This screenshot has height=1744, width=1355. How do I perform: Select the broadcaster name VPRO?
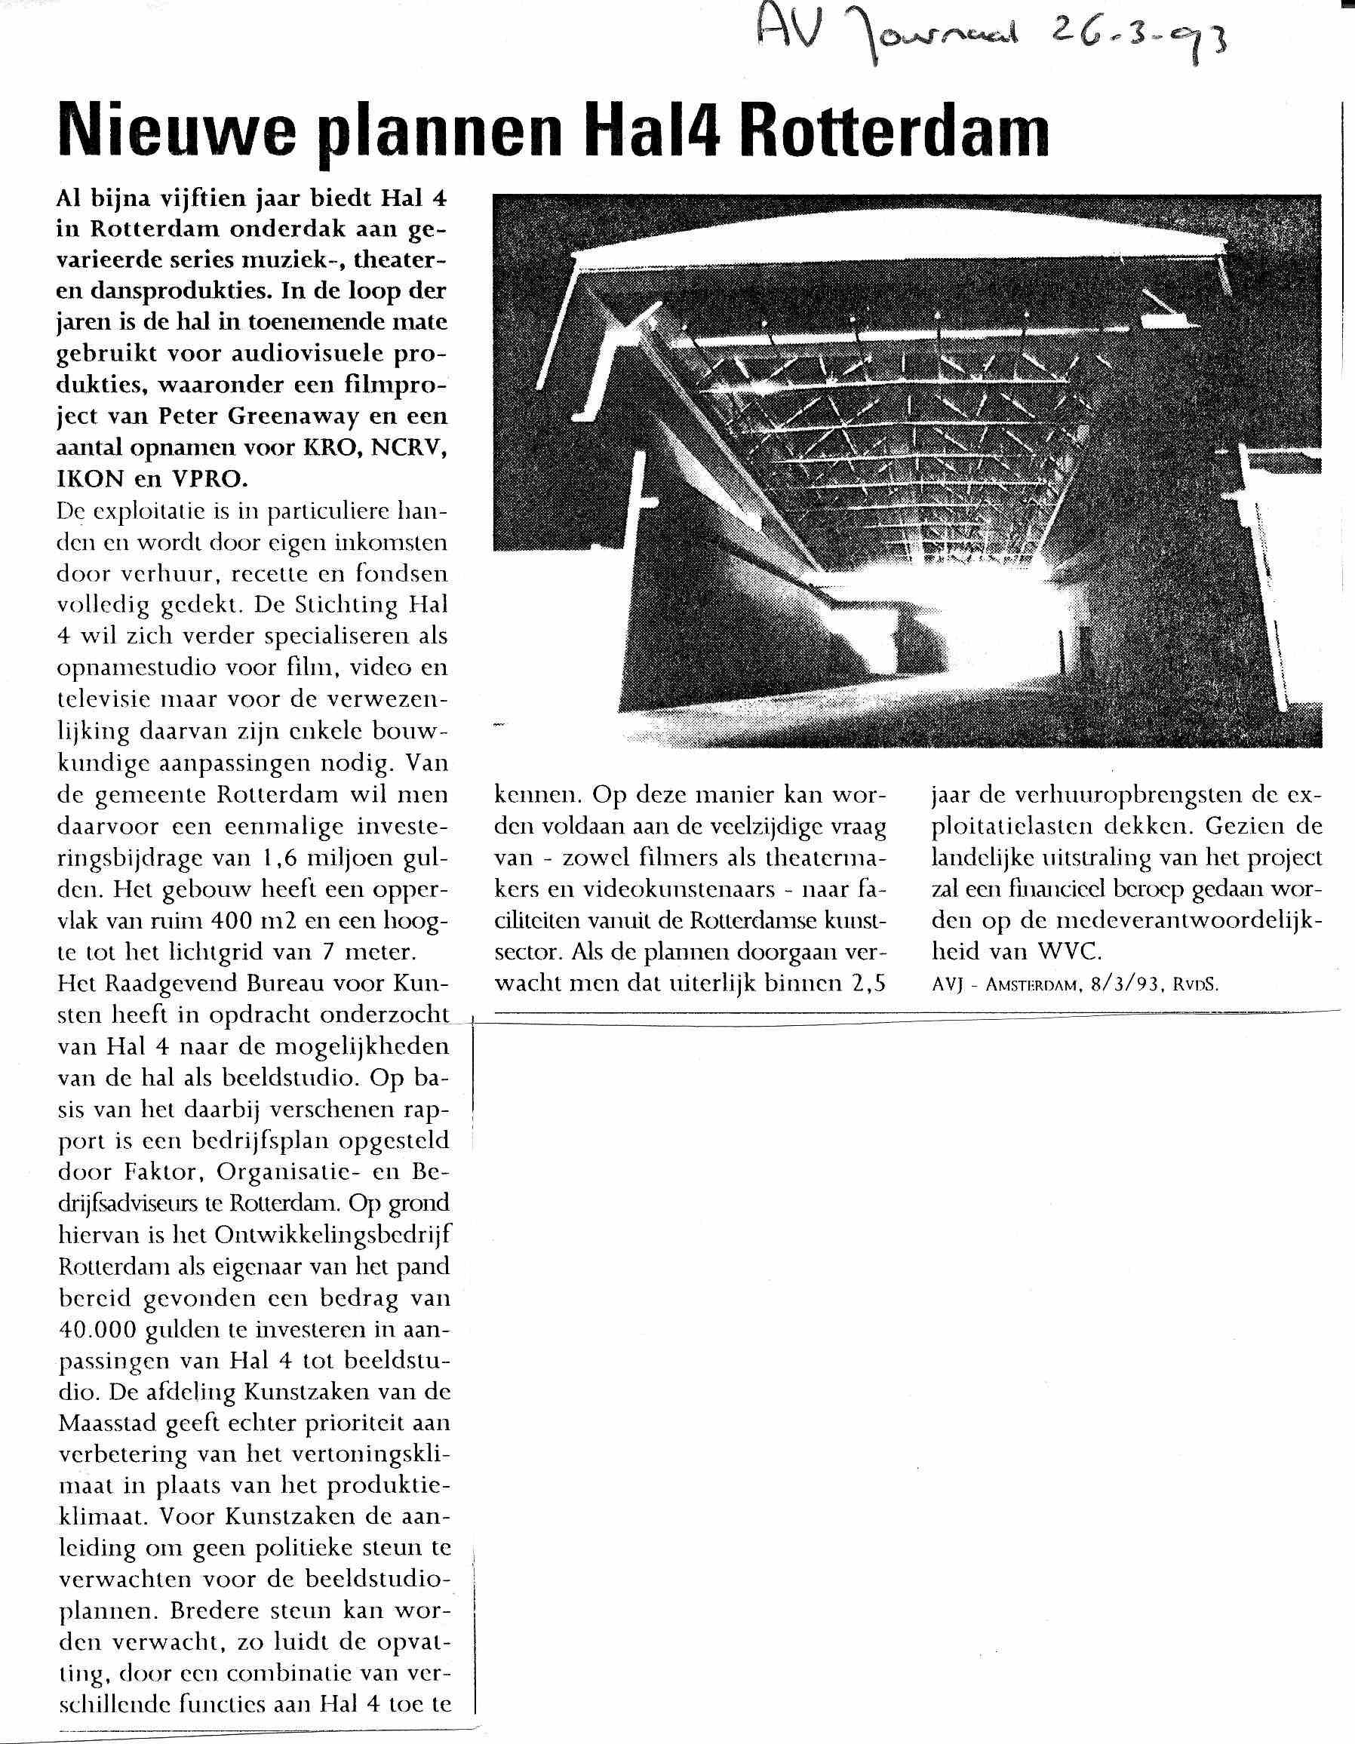[x=208, y=479]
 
